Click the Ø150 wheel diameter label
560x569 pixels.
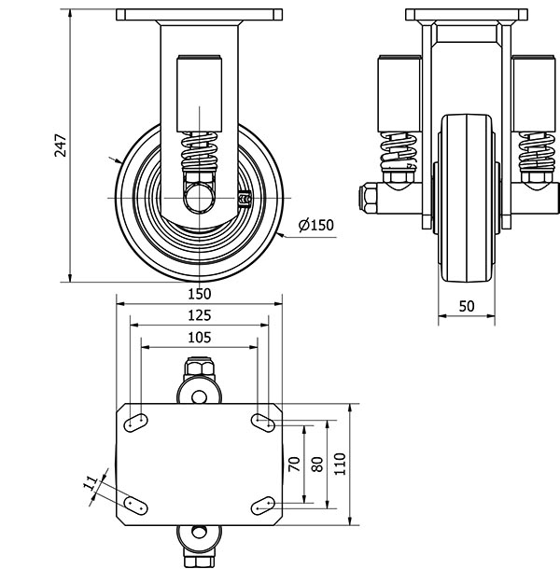pyautogui.click(x=315, y=225)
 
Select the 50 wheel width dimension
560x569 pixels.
pyautogui.click(x=467, y=307)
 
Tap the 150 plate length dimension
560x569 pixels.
pyautogui.click(x=199, y=292)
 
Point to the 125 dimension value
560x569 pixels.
pyautogui.click(x=199, y=314)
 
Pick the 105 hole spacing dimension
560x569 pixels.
pyautogui.click(x=199, y=337)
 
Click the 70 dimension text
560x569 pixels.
pyautogui.click(x=293, y=463)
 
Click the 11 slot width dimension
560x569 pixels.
pyautogui.click(x=91, y=484)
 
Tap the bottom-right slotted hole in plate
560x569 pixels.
pyautogui.click(x=262, y=505)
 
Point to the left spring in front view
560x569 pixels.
pyautogui.click(x=399, y=148)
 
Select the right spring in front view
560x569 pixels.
pyautogui.click(x=535, y=148)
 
